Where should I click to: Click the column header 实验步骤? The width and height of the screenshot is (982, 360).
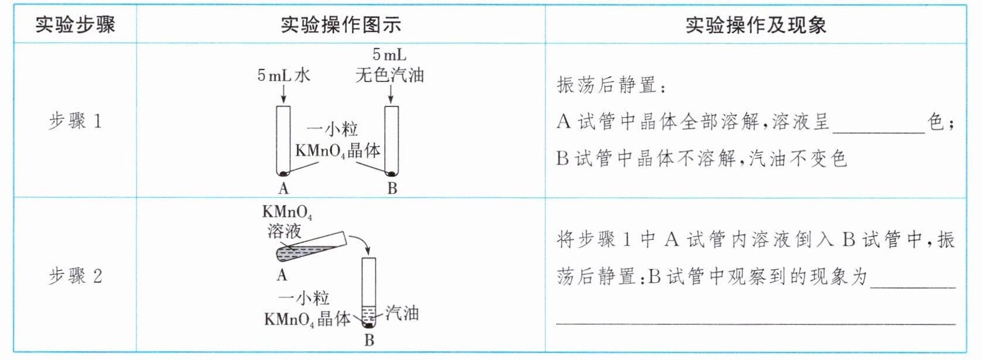tap(75, 25)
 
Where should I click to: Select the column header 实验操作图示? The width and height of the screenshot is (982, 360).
tap(340, 25)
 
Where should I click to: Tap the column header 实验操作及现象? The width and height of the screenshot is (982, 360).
tap(755, 25)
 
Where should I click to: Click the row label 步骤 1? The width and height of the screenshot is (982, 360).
tap(75, 121)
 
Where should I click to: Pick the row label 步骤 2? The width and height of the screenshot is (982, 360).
tap(75, 276)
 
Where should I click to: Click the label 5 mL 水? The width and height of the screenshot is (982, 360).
tap(283, 75)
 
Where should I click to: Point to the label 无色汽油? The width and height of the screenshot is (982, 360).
tap(389, 75)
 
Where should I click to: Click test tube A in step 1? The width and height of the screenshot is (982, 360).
tap(283, 140)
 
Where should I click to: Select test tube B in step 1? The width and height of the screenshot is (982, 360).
tap(391, 140)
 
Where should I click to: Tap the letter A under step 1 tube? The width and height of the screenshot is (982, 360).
tap(283, 188)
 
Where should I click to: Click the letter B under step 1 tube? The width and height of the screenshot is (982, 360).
tap(392, 188)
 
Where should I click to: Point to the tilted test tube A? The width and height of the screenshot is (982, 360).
tap(310, 248)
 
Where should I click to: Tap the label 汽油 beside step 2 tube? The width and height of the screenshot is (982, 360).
tap(402, 313)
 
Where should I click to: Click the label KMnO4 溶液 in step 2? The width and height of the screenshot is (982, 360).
tap(286, 221)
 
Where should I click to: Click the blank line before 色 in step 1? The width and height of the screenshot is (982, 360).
tap(878, 129)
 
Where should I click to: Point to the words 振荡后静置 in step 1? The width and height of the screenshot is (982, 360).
tap(607, 85)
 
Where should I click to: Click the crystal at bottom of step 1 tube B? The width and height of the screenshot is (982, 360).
tap(391, 173)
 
